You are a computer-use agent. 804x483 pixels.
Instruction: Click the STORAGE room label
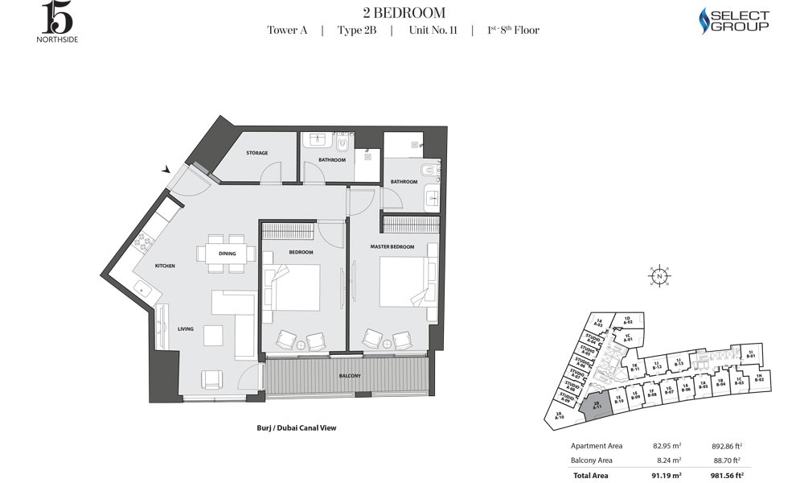257,153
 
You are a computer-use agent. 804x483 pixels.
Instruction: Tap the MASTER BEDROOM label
392,246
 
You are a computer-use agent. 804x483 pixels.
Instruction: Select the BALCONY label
350,377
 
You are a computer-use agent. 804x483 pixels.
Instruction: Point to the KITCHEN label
165,266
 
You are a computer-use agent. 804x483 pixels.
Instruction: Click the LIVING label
186,329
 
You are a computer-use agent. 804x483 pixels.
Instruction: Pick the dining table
226,254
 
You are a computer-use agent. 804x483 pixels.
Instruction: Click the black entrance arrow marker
166,169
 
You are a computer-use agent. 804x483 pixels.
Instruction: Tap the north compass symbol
658,275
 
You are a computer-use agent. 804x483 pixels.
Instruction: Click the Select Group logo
733,20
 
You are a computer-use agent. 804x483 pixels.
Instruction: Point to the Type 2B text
356,31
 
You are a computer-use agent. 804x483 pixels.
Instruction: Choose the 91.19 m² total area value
667,475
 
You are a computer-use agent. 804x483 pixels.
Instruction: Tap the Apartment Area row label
597,446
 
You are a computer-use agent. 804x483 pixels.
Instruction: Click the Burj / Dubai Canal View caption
291,428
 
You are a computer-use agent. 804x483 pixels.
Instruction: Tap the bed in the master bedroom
402,282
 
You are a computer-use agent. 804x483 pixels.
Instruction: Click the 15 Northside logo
57,22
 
